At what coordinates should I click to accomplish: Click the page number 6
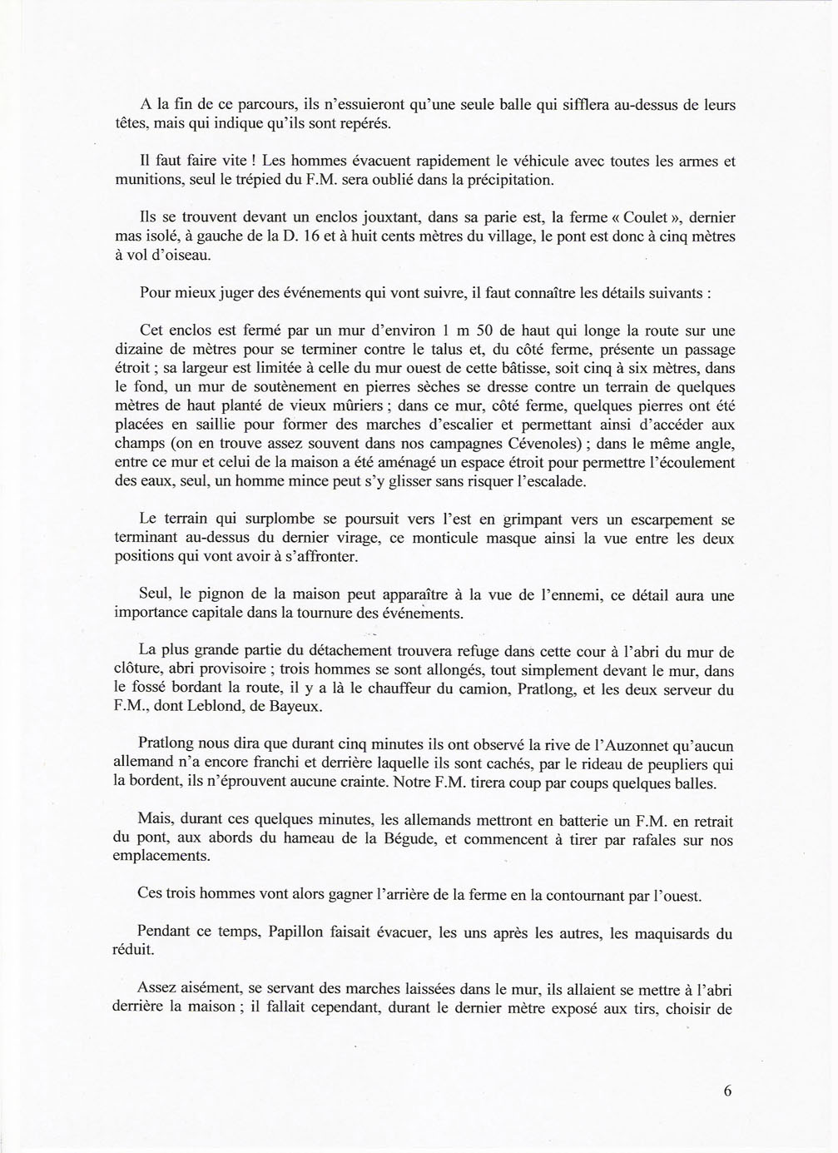pos(727,1091)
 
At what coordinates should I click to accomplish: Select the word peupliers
pos(635,765)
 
